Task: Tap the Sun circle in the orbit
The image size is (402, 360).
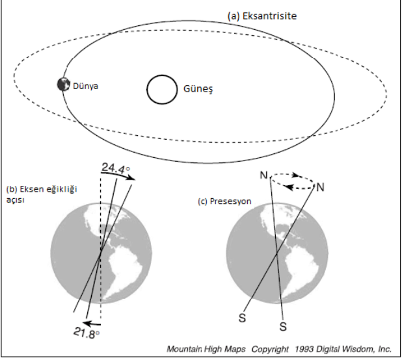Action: click(161, 89)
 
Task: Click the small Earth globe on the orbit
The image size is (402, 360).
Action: click(63, 84)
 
